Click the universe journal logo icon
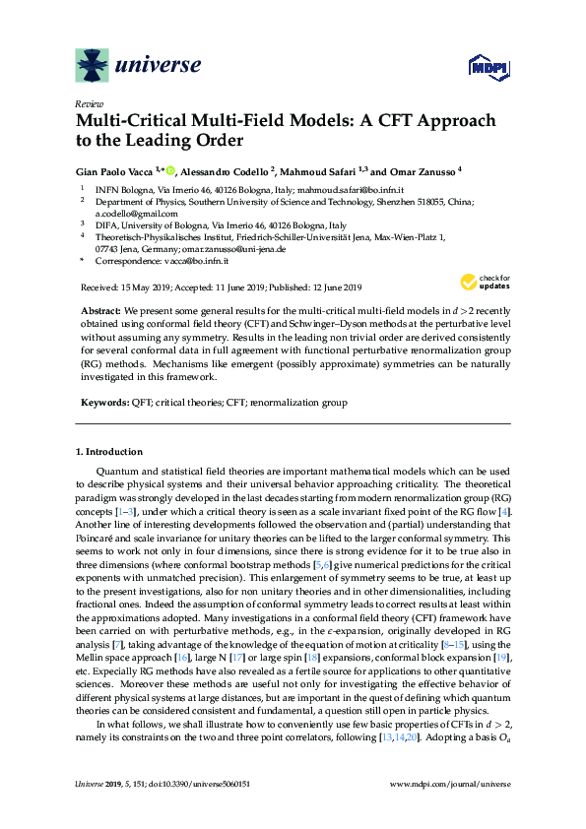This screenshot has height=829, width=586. pyautogui.click(x=94, y=66)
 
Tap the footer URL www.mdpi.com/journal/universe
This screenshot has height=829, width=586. pyautogui.click(x=451, y=810)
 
